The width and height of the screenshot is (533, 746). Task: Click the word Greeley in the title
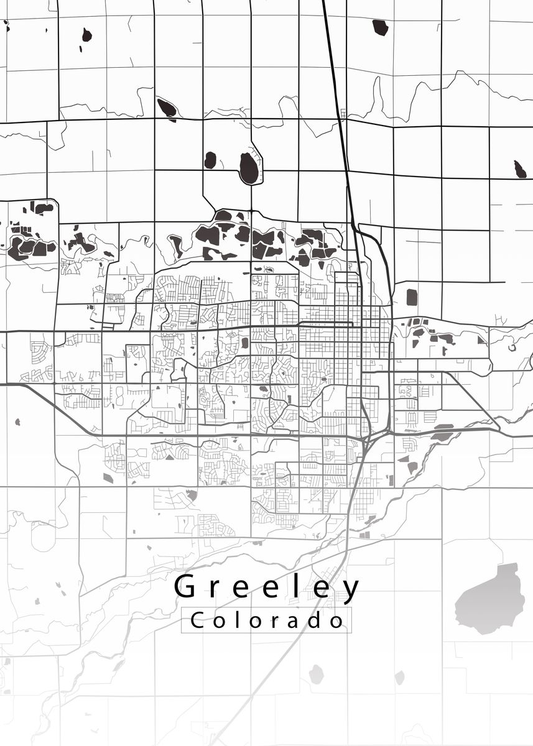coord(267,587)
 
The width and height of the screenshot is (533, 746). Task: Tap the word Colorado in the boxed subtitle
coord(267,620)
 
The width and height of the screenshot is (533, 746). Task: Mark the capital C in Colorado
coord(197,620)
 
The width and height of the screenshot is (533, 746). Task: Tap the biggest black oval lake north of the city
coord(248,168)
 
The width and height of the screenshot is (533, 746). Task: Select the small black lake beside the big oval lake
coord(210,160)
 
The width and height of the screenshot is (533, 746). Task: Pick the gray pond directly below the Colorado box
coord(317,674)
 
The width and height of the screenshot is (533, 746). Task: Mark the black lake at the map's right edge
coord(520,168)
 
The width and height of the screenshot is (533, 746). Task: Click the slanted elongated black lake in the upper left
coord(166,108)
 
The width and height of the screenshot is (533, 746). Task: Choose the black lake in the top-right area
coord(380,27)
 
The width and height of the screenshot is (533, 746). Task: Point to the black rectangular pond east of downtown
coord(411,297)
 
